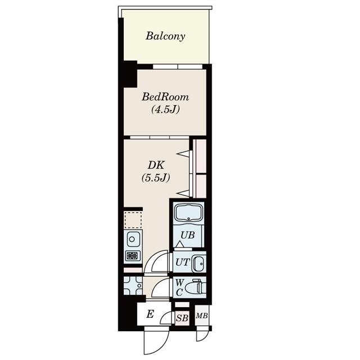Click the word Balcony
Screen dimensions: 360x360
point(165,37)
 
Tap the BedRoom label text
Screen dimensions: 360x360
point(165,97)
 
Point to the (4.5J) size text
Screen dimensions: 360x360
point(165,109)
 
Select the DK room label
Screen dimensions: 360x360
point(156,165)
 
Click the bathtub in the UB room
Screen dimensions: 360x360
point(188,214)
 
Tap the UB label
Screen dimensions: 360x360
point(188,235)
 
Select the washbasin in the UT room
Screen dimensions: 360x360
point(198,262)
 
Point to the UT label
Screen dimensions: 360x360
point(182,262)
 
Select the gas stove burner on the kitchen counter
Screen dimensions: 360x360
point(133,256)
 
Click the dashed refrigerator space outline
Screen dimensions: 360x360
point(133,219)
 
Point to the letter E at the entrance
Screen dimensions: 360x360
point(150,314)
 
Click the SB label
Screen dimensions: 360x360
point(182,318)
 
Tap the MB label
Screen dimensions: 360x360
point(201,316)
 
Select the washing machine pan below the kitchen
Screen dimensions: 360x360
point(133,286)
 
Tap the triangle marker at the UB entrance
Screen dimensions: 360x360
point(178,244)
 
